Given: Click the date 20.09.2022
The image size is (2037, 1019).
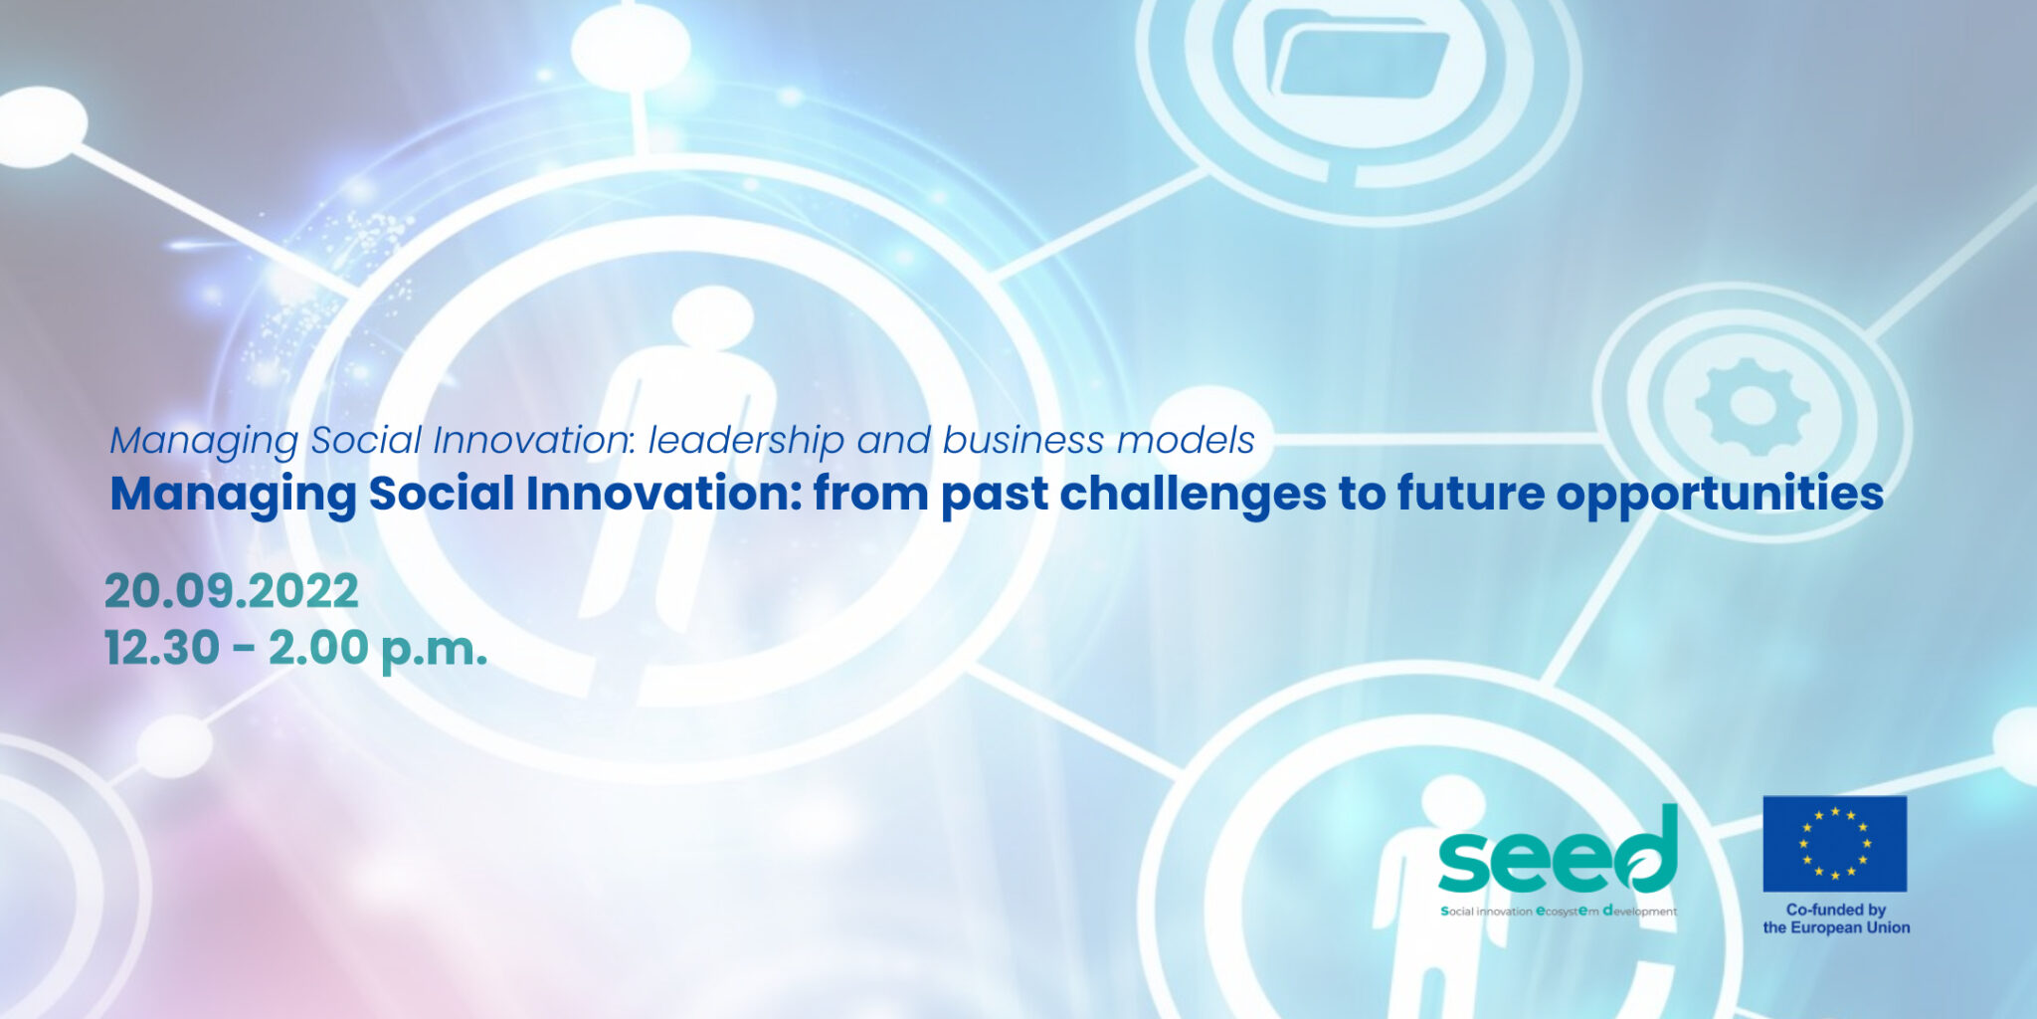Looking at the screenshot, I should tap(231, 591).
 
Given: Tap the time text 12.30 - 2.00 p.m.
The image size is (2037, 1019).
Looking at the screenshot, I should tap(295, 648).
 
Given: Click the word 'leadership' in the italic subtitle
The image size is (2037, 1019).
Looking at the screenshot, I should tap(746, 440).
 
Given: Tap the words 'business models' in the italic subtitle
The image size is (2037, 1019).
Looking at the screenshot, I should tap(1098, 440).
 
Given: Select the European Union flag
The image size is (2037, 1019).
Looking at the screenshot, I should tap(1834, 843).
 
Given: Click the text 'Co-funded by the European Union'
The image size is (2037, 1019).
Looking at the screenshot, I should tap(1836, 918).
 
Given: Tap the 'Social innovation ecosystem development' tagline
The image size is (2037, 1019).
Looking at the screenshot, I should tap(1558, 912).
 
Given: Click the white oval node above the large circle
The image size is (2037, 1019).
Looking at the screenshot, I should tap(630, 45).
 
